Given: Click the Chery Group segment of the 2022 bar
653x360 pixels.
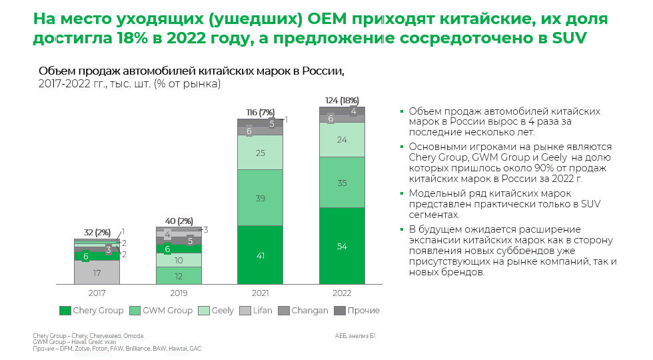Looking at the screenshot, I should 341,246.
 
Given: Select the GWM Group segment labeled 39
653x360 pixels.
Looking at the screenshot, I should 260,198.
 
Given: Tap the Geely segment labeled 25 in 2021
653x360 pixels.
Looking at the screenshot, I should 260,153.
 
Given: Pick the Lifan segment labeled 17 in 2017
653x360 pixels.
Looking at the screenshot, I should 97,272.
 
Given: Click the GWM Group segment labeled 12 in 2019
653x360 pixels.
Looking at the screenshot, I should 179,276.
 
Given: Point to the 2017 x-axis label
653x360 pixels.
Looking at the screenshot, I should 97,292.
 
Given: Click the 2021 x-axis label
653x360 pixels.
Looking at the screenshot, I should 260,292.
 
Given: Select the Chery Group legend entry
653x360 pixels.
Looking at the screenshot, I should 91,310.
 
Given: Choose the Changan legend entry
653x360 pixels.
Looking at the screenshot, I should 303,310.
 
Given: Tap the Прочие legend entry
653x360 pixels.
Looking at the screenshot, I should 357,310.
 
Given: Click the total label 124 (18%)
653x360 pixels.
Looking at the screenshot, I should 341,100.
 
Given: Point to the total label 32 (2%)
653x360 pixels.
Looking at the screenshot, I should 97,233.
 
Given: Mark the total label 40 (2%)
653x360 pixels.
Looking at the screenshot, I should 179,221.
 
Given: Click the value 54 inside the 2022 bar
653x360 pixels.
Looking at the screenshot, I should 341,247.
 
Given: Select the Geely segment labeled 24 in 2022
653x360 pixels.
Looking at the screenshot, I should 341,140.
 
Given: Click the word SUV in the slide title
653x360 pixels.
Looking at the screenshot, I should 568,38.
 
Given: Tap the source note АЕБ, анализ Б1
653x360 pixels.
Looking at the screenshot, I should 356,335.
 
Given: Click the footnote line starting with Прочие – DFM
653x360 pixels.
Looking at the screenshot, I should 117,349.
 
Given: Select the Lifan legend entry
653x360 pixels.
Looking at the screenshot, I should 255,310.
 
